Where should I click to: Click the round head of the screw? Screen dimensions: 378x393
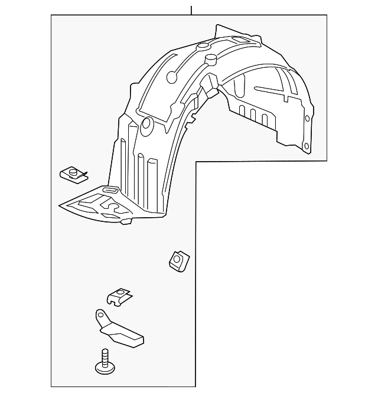click(105, 368)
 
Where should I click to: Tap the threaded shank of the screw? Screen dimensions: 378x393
click(105, 356)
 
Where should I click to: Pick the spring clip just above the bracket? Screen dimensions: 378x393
click(120, 296)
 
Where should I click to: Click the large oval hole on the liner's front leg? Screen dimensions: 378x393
click(147, 124)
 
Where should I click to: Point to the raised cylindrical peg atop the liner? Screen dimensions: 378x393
click(210, 60)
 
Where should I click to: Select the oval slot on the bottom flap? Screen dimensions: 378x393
click(109, 190)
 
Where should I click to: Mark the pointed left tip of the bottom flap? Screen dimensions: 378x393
click(61, 205)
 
